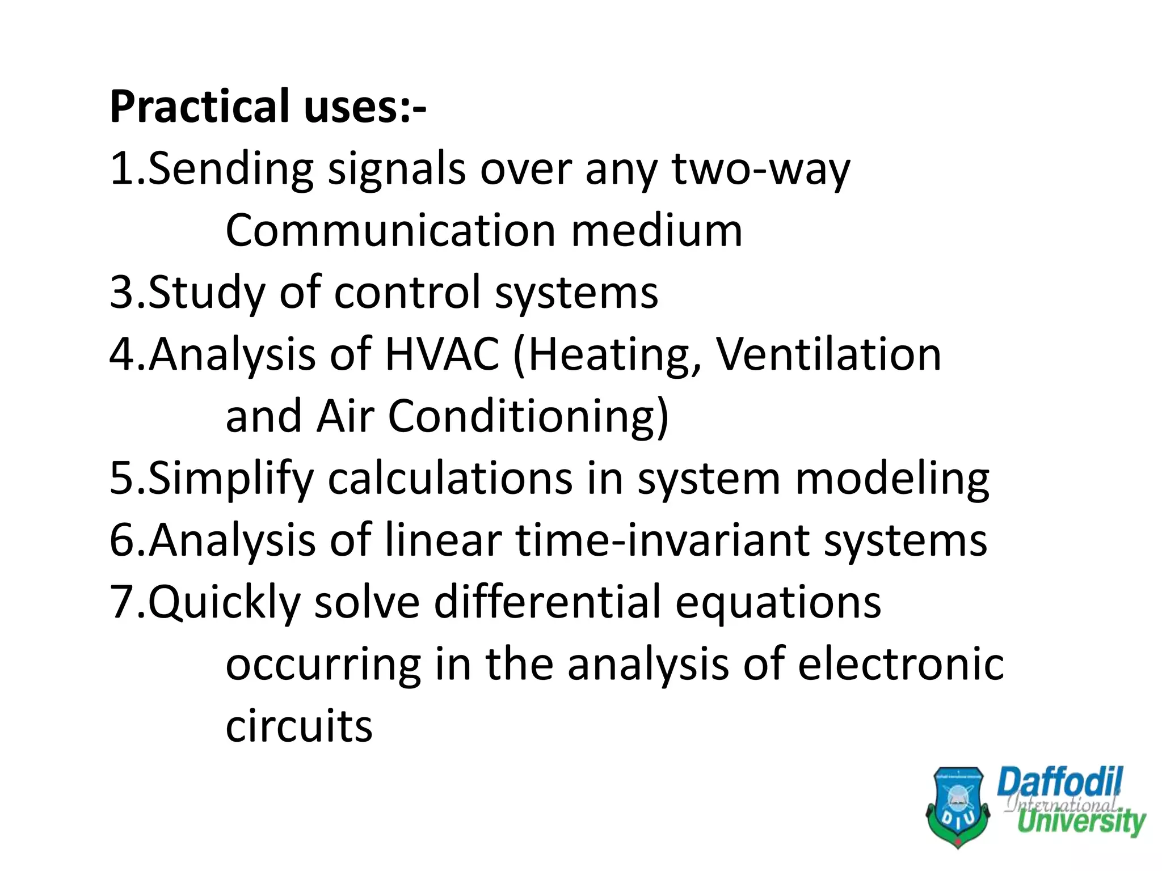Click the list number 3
[122, 293]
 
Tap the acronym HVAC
[442, 354]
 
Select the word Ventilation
[828, 354]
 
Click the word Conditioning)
[528, 417]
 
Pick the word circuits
[299, 726]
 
